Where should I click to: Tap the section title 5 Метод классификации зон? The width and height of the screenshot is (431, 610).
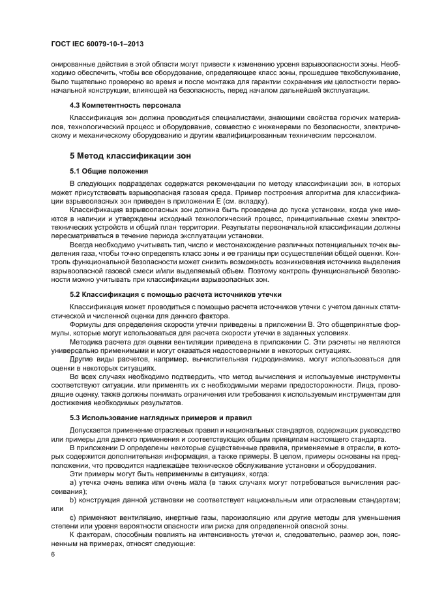126,157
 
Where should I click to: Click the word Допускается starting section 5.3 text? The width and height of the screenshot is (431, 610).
93,431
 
